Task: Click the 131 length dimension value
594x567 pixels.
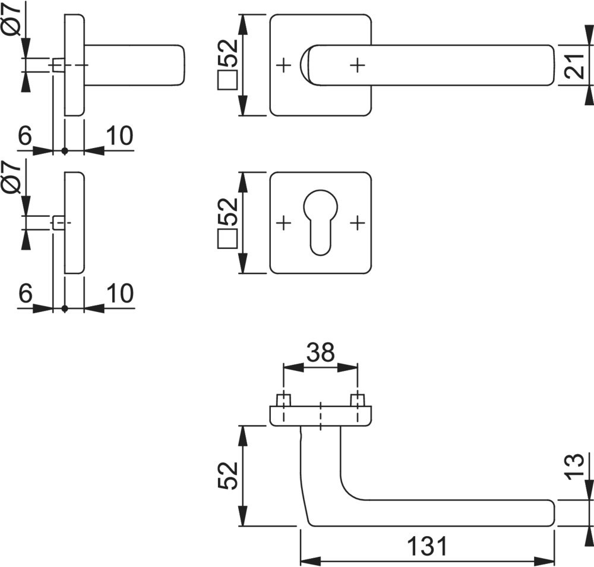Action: pyautogui.click(x=427, y=546)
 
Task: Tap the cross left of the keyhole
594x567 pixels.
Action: pyautogui.click(x=284, y=223)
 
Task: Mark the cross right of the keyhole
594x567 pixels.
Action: pyautogui.click(x=356, y=223)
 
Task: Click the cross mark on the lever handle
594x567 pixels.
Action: pyautogui.click(x=357, y=65)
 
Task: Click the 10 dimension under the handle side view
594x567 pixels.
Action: pyautogui.click(x=119, y=136)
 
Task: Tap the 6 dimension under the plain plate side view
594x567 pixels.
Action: pyautogui.click(x=24, y=294)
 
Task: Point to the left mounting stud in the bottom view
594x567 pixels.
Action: pyautogui.click(x=284, y=400)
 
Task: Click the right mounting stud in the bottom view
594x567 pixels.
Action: pyautogui.click(x=357, y=400)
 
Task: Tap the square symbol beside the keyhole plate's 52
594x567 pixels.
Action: pyautogui.click(x=228, y=239)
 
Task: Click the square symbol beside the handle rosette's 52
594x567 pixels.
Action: pyautogui.click(x=228, y=80)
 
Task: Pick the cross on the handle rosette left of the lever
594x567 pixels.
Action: pyautogui.click(x=284, y=65)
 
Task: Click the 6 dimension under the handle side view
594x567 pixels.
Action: pyautogui.click(x=24, y=136)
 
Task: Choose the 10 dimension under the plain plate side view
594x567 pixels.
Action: pyautogui.click(x=119, y=294)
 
